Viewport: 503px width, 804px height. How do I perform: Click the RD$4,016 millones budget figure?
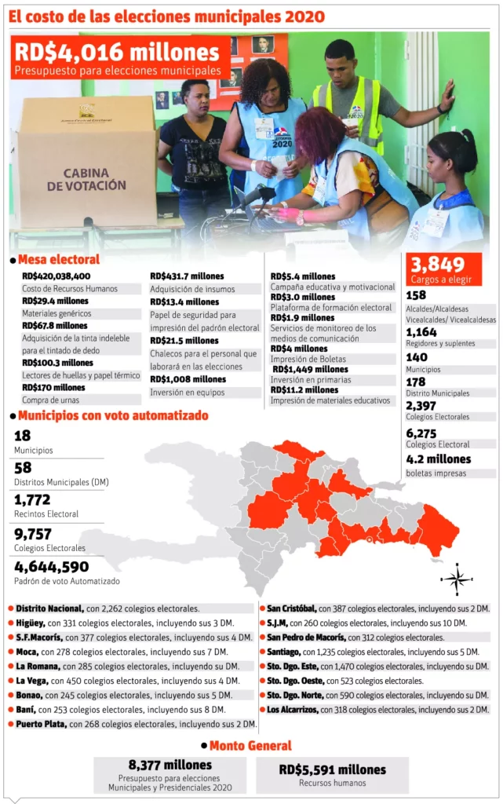click(117, 53)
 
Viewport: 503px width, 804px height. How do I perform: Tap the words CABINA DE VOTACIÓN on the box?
click(86, 179)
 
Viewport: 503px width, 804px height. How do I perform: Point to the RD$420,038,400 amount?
click(56, 276)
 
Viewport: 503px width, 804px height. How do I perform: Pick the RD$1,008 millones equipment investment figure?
click(188, 379)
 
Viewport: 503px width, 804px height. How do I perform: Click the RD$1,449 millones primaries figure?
click(310, 369)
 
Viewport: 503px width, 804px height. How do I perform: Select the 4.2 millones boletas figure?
click(439, 459)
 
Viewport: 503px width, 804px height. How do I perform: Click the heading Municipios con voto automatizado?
click(113, 415)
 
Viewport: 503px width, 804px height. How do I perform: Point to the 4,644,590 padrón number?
click(52, 567)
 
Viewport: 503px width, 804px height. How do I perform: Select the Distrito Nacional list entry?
click(108, 608)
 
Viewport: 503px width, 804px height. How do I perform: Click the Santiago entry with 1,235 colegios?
click(373, 652)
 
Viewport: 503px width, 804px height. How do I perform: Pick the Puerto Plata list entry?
click(136, 724)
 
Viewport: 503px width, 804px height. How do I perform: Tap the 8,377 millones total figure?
click(170, 765)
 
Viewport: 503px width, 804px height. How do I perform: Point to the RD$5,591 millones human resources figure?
click(333, 769)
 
